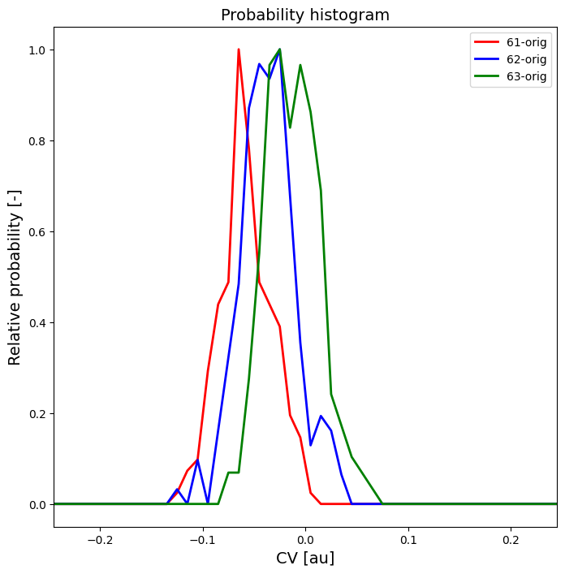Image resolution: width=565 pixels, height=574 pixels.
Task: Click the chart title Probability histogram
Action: [305, 15]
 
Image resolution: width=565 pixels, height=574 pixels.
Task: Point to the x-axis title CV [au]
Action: [305, 558]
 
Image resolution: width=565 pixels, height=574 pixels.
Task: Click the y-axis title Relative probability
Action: [15, 277]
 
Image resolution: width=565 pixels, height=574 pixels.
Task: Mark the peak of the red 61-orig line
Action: [239, 50]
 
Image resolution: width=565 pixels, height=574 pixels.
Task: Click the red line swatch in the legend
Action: [486, 42]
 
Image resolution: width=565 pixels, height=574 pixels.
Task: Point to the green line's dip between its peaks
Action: [290, 127]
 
